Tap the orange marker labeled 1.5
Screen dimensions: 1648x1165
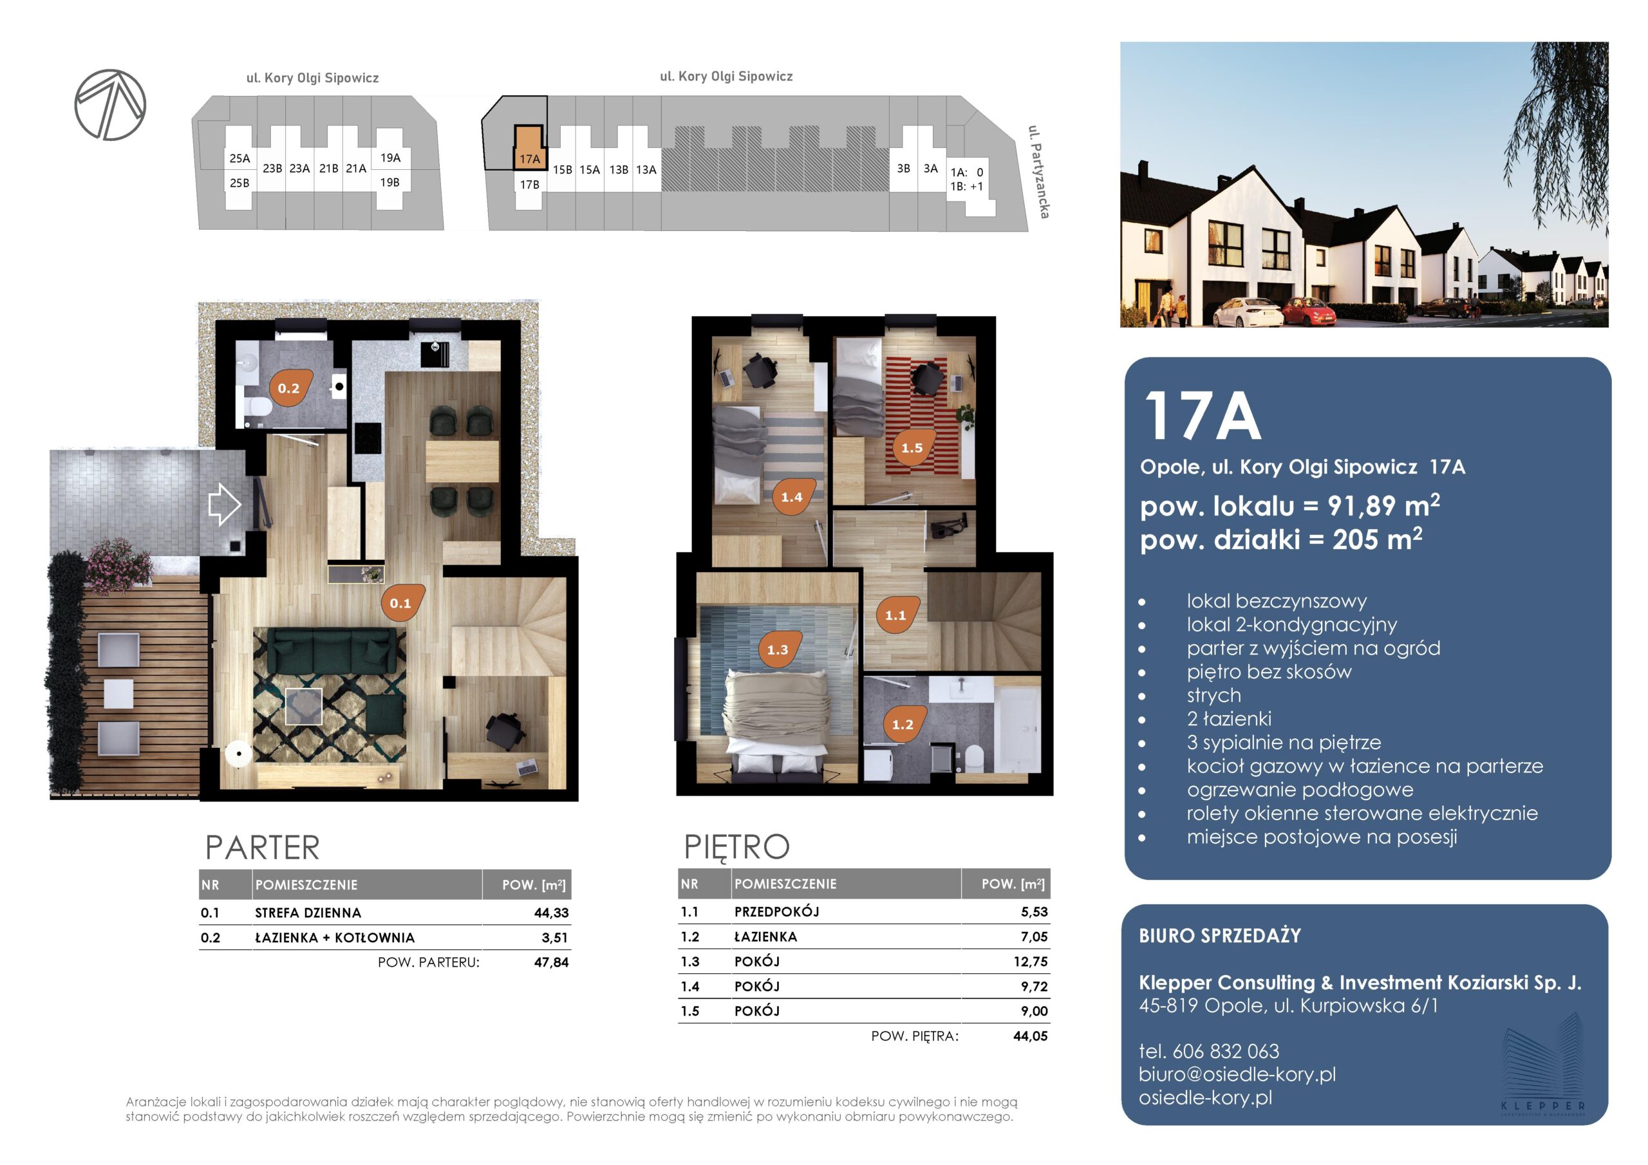click(x=913, y=447)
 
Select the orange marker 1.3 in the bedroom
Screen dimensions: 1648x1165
click(x=779, y=649)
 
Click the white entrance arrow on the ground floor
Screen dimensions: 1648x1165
click(x=224, y=504)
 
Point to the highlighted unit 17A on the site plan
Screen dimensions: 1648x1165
click(x=529, y=148)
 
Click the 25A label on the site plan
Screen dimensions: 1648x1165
click(x=239, y=158)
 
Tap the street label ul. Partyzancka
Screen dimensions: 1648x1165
click(x=1038, y=172)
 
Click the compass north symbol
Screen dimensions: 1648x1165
click(x=111, y=105)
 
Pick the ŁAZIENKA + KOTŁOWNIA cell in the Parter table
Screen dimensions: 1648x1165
click(x=335, y=937)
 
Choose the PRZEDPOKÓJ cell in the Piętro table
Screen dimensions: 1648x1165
click(x=776, y=911)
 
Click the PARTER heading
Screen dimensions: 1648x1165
click(x=262, y=848)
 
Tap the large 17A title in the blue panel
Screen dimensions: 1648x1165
click(x=1203, y=416)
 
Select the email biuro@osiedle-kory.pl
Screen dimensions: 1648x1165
click(x=1237, y=1074)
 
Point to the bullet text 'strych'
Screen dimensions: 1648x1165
click(x=1213, y=696)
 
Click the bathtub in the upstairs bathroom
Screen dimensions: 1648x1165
click(x=1017, y=729)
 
